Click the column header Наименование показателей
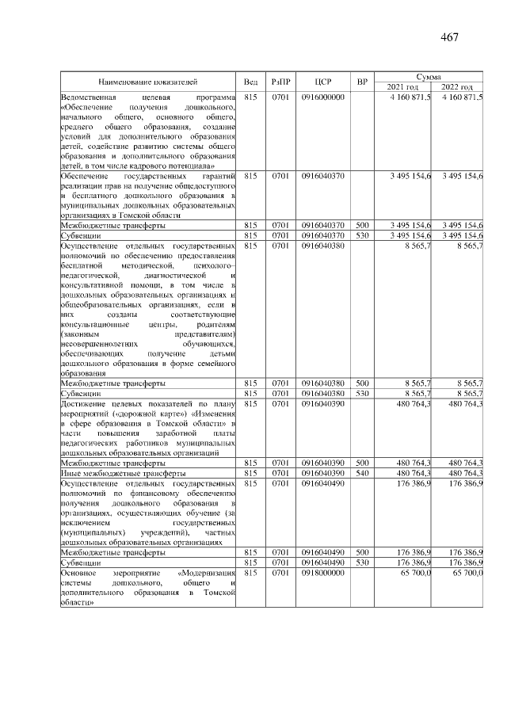click(147, 82)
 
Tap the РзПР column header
click(281, 82)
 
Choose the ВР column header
click(362, 82)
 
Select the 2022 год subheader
click(457, 86)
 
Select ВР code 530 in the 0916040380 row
click(362, 393)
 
